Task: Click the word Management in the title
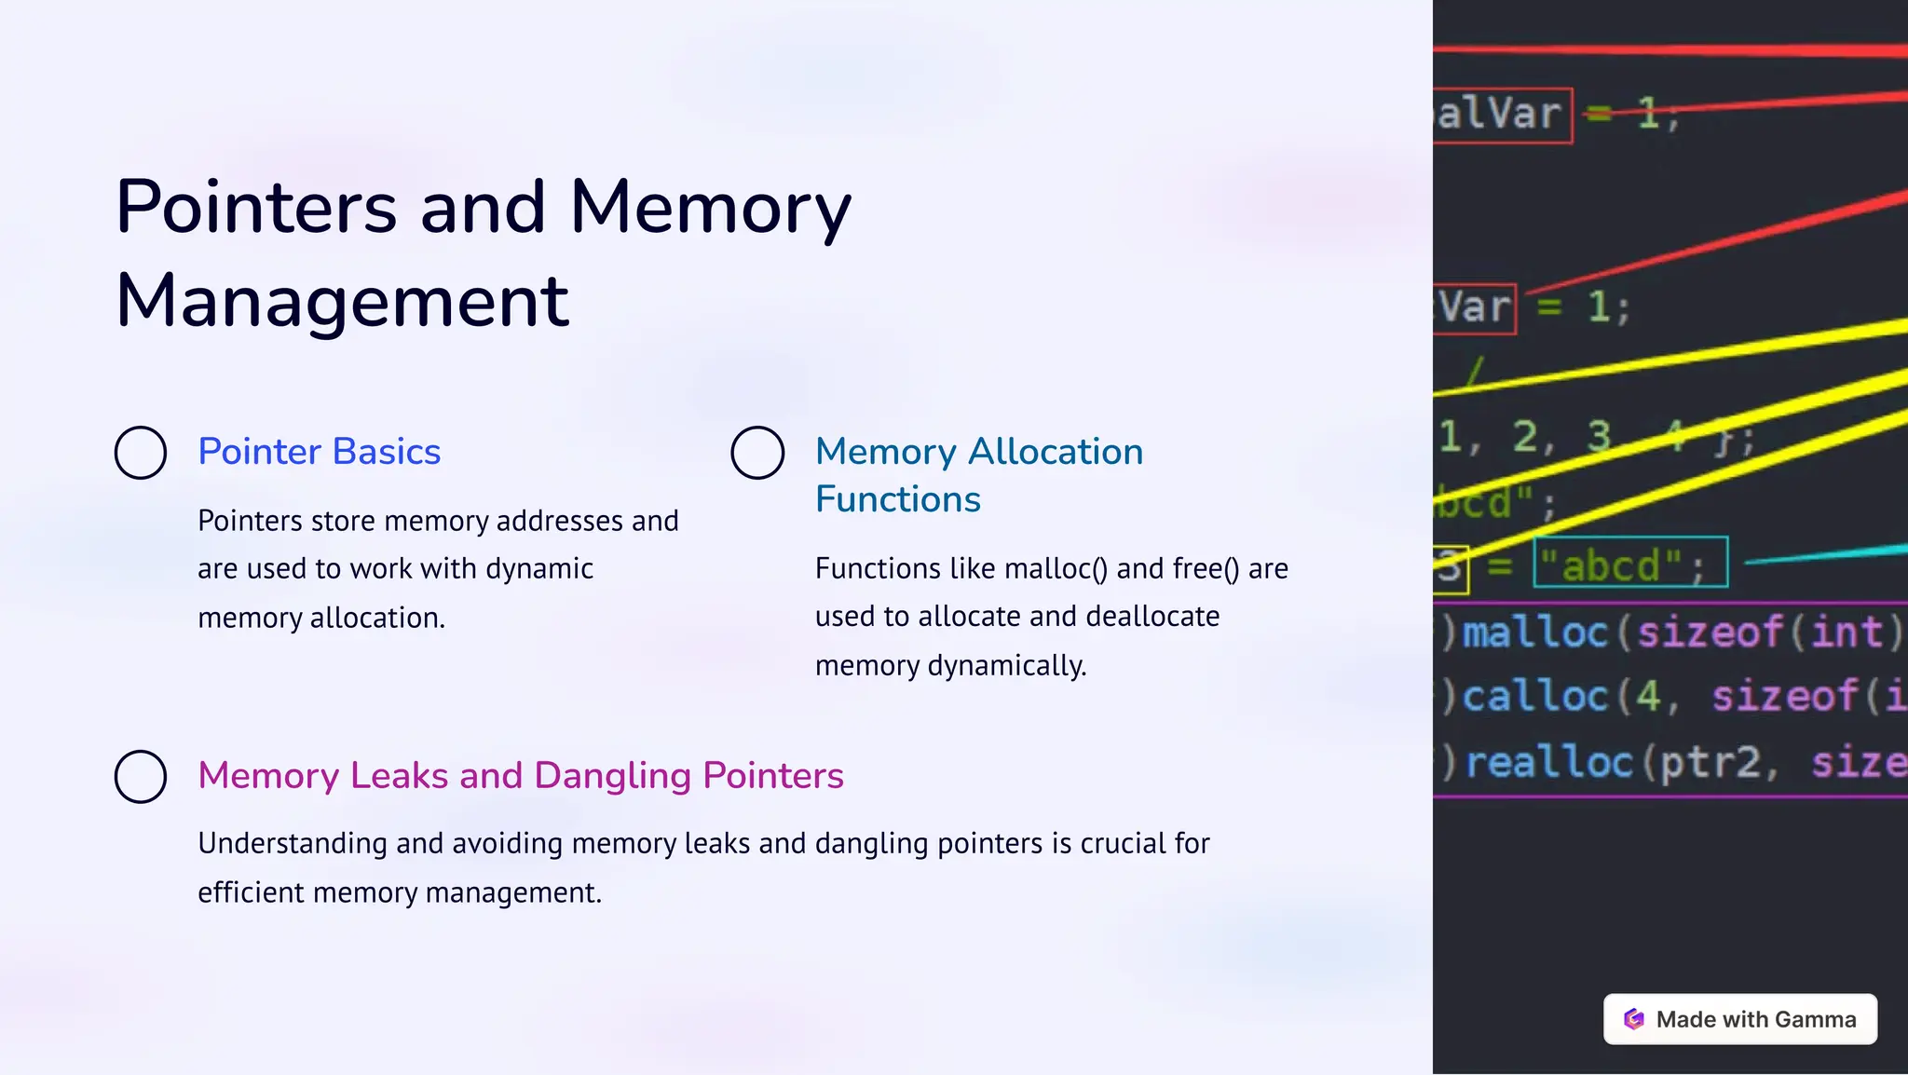pyautogui.click(x=342, y=301)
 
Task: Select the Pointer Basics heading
pyautogui.click(x=319, y=452)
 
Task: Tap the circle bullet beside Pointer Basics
pyautogui.click(x=141, y=453)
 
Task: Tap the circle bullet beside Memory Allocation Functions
pyautogui.click(x=757, y=453)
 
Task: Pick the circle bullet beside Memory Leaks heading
pyautogui.click(x=141, y=776)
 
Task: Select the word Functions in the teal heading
pyautogui.click(x=897, y=500)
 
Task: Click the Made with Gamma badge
pyautogui.click(x=1739, y=1019)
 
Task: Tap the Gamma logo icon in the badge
pyautogui.click(x=1634, y=1019)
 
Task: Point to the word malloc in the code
pyautogui.click(x=1535, y=633)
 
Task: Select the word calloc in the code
pyautogui.click(x=1535, y=696)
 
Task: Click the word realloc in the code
pyautogui.click(x=1548, y=762)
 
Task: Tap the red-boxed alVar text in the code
pyautogui.click(x=1501, y=115)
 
